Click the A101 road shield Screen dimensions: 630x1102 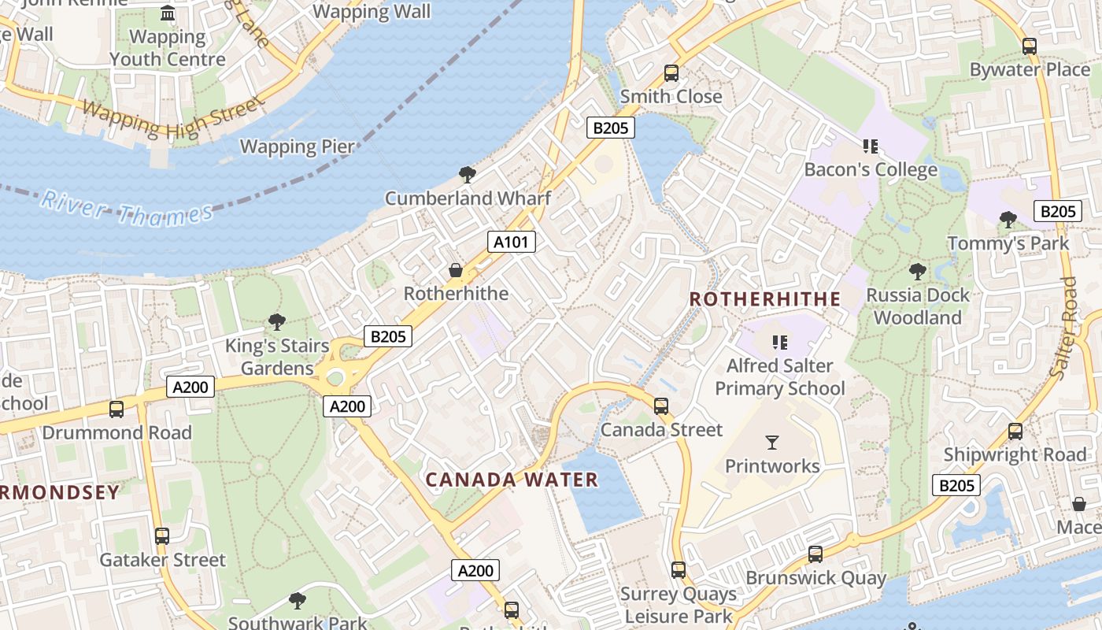511,242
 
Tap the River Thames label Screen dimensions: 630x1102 127,208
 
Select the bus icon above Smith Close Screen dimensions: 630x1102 671,73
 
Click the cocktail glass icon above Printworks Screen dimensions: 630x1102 772,443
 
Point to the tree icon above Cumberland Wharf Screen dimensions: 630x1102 468,175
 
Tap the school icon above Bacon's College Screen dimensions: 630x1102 870,146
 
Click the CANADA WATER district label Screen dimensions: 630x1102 512,480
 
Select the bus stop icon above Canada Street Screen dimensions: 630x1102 661,406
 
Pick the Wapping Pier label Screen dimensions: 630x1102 298,146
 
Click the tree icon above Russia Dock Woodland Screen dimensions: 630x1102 917,272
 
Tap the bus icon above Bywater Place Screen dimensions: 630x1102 1030,46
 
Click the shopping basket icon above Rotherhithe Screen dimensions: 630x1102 456,270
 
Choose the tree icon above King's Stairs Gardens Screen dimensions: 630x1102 276,321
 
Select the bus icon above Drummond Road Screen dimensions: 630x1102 116,409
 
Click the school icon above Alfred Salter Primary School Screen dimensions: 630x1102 780,342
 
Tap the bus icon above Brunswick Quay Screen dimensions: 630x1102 815,554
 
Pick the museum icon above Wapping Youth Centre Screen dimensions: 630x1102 168,13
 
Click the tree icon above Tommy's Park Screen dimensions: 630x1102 1008,220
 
